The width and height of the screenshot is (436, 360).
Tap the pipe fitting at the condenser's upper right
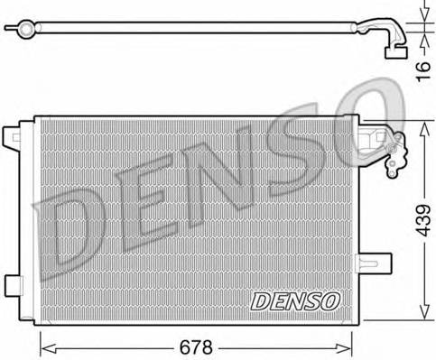coord(390,144)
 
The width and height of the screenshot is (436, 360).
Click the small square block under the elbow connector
coord(395,52)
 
